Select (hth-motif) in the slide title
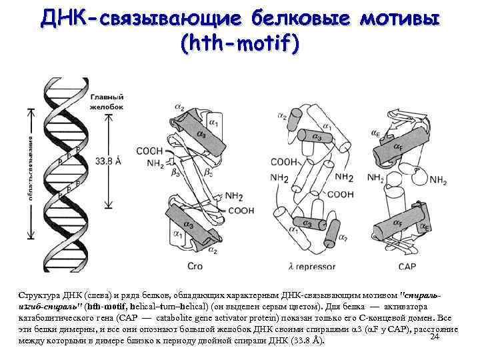point(240,45)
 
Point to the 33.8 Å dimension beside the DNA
point(109,161)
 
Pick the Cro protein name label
point(195,266)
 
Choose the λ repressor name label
point(309,266)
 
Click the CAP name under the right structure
point(407,266)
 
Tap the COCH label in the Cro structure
point(149,151)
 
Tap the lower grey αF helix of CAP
point(399,220)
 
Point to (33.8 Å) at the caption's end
point(306,341)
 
